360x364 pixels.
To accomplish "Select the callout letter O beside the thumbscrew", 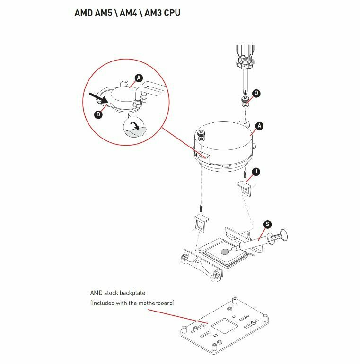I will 256,94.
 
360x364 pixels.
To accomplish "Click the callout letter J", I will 255,171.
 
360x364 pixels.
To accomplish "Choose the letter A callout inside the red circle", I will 139,78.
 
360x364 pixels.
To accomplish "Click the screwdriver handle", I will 246,55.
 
